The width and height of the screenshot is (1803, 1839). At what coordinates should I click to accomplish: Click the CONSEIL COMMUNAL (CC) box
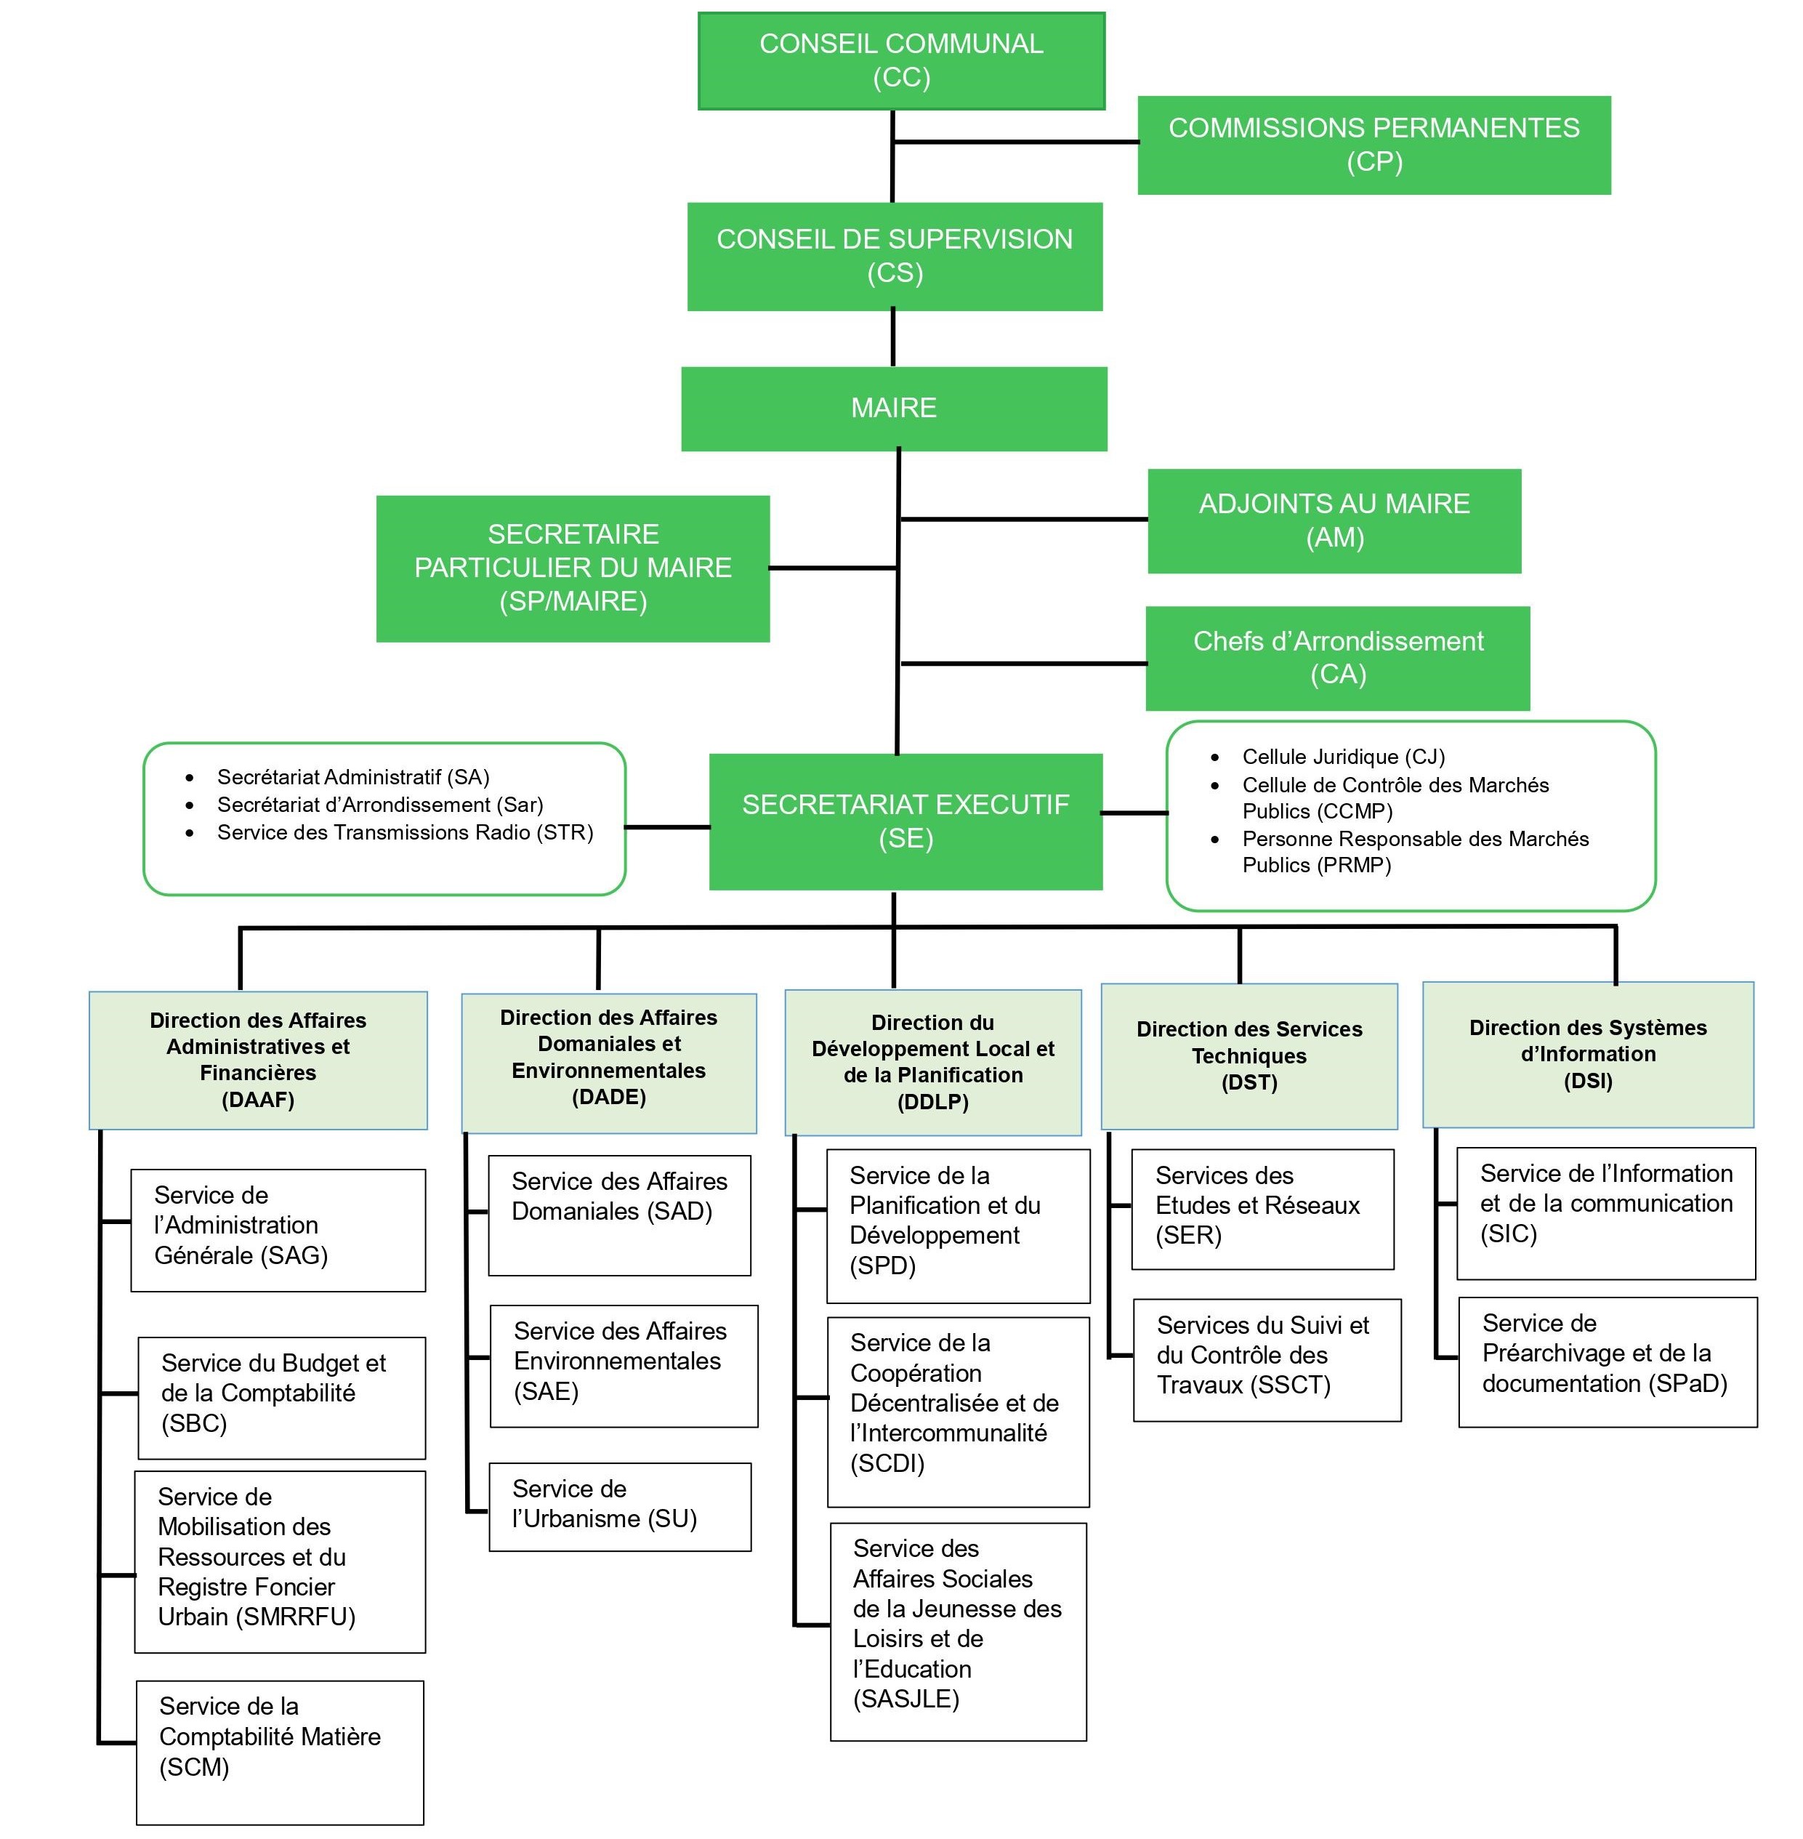[x=900, y=60]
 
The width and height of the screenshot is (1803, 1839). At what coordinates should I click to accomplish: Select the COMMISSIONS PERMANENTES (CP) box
[x=1373, y=145]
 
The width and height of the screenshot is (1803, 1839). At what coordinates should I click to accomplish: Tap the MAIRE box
[x=893, y=408]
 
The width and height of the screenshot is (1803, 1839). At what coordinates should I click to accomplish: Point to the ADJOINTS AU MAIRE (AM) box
[x=1334, y=521]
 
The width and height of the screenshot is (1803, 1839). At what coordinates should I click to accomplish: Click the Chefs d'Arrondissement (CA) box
[x=1336, y=658]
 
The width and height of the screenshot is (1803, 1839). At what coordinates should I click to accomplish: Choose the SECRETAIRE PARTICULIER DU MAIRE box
[x=572, y=568]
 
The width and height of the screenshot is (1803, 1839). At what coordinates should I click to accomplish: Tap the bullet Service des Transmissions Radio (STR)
[x=404, y=832]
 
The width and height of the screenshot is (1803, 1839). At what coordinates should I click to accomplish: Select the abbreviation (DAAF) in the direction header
[x=257, y=1100]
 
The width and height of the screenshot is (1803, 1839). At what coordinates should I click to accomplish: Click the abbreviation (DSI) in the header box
[x=1587, y=1080]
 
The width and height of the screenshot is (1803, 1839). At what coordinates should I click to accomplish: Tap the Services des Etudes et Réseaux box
[x=1262, y=1208]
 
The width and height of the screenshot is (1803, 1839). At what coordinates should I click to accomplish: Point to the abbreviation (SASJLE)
[x=906, y=1698]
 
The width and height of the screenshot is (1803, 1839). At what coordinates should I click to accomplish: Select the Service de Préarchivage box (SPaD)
[x=1606, y=1361]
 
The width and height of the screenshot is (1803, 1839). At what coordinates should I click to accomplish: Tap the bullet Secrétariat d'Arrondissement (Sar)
[x=380, y=805]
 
